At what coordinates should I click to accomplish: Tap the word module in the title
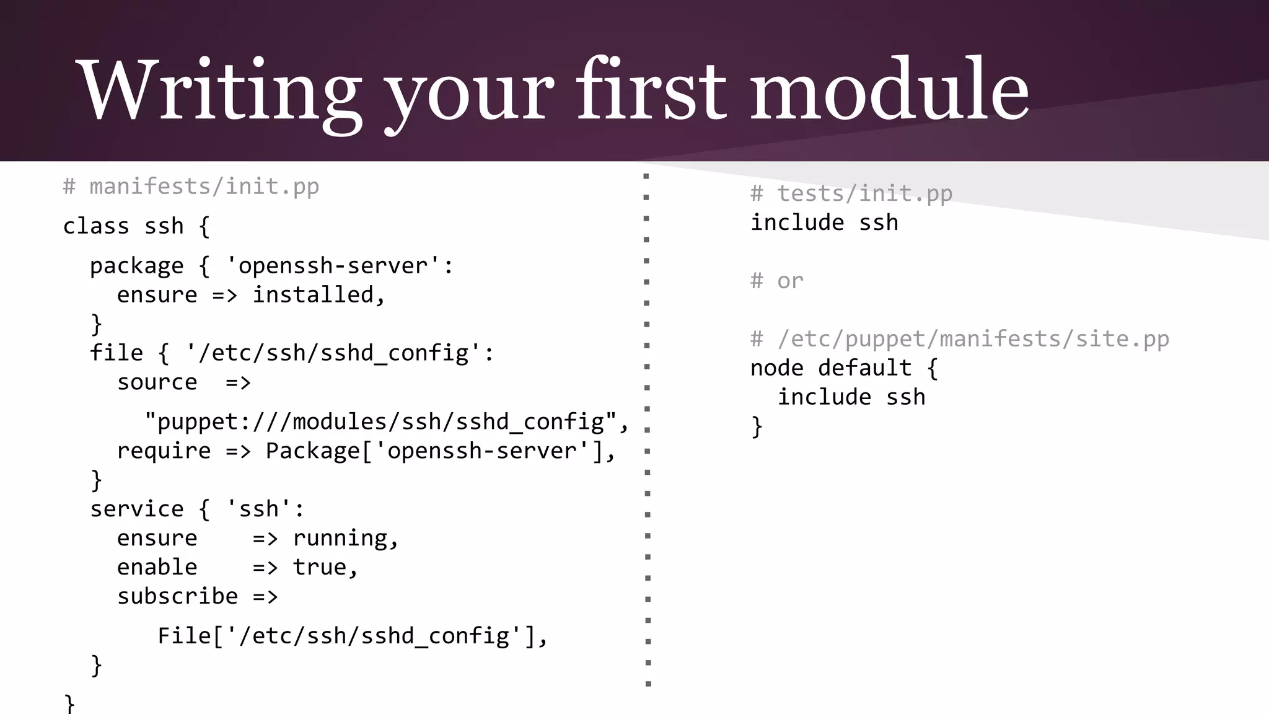[x=890, y=90]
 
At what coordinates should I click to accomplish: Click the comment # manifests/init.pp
[x=191, y=186]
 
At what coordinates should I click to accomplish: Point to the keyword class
[x=96, y=226]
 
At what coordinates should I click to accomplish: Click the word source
[x=157, y=382]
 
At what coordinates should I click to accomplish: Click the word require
[x=164, y=451]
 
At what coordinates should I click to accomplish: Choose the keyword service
[x=136, y=509]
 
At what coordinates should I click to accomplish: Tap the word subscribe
[x=177, y=596]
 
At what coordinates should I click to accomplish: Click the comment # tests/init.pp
[x=851, y=193]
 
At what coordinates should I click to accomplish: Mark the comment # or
[x=776, y=281]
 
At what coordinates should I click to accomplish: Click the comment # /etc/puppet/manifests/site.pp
[x=959, y=338]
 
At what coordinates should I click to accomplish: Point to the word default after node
[x=864, y=368]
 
